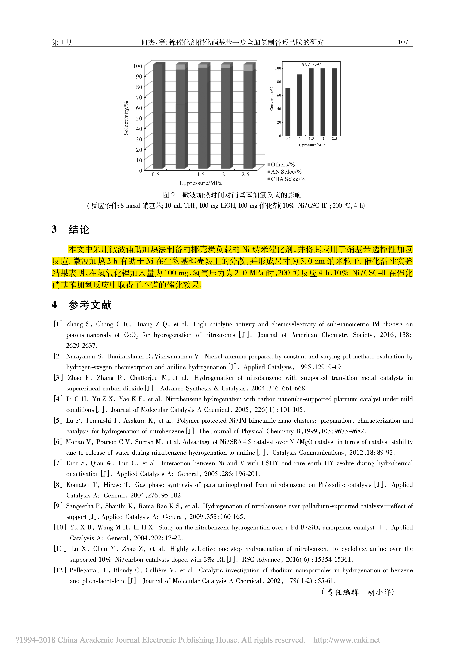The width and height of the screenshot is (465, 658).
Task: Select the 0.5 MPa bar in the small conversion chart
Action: [288, 112]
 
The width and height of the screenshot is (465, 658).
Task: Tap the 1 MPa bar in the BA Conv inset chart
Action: [299, 105]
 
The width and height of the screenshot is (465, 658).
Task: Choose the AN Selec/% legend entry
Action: [286, 172]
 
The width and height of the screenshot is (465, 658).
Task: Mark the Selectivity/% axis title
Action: [126, 118]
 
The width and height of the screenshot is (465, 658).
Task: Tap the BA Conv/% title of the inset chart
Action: [311, 65]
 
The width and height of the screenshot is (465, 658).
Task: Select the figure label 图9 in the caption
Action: [169, 195]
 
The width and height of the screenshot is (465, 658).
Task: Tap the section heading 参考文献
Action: [90, 305]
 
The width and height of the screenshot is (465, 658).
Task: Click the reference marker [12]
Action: [60, 570]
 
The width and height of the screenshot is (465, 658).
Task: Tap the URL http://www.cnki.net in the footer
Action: [347, 640]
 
